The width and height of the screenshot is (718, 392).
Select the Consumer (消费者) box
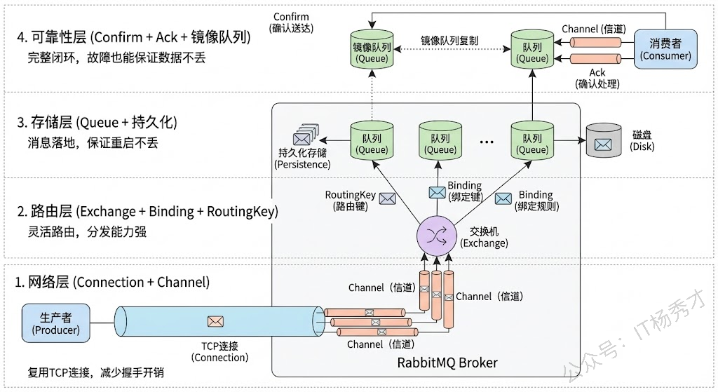pos(665,49)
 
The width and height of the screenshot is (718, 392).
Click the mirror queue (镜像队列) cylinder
pos(372,50)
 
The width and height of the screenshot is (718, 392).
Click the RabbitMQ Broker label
pos(447,363)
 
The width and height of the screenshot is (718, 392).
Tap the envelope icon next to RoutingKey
pos(387,198)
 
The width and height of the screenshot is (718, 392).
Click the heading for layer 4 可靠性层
pos(133,37)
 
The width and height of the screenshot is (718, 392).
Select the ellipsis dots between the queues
pos(487,142)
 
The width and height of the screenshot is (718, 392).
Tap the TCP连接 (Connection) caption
pos(219,351)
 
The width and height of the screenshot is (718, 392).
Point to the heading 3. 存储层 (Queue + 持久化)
pos(96,123)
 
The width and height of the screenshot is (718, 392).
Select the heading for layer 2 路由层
pos(147,211)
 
